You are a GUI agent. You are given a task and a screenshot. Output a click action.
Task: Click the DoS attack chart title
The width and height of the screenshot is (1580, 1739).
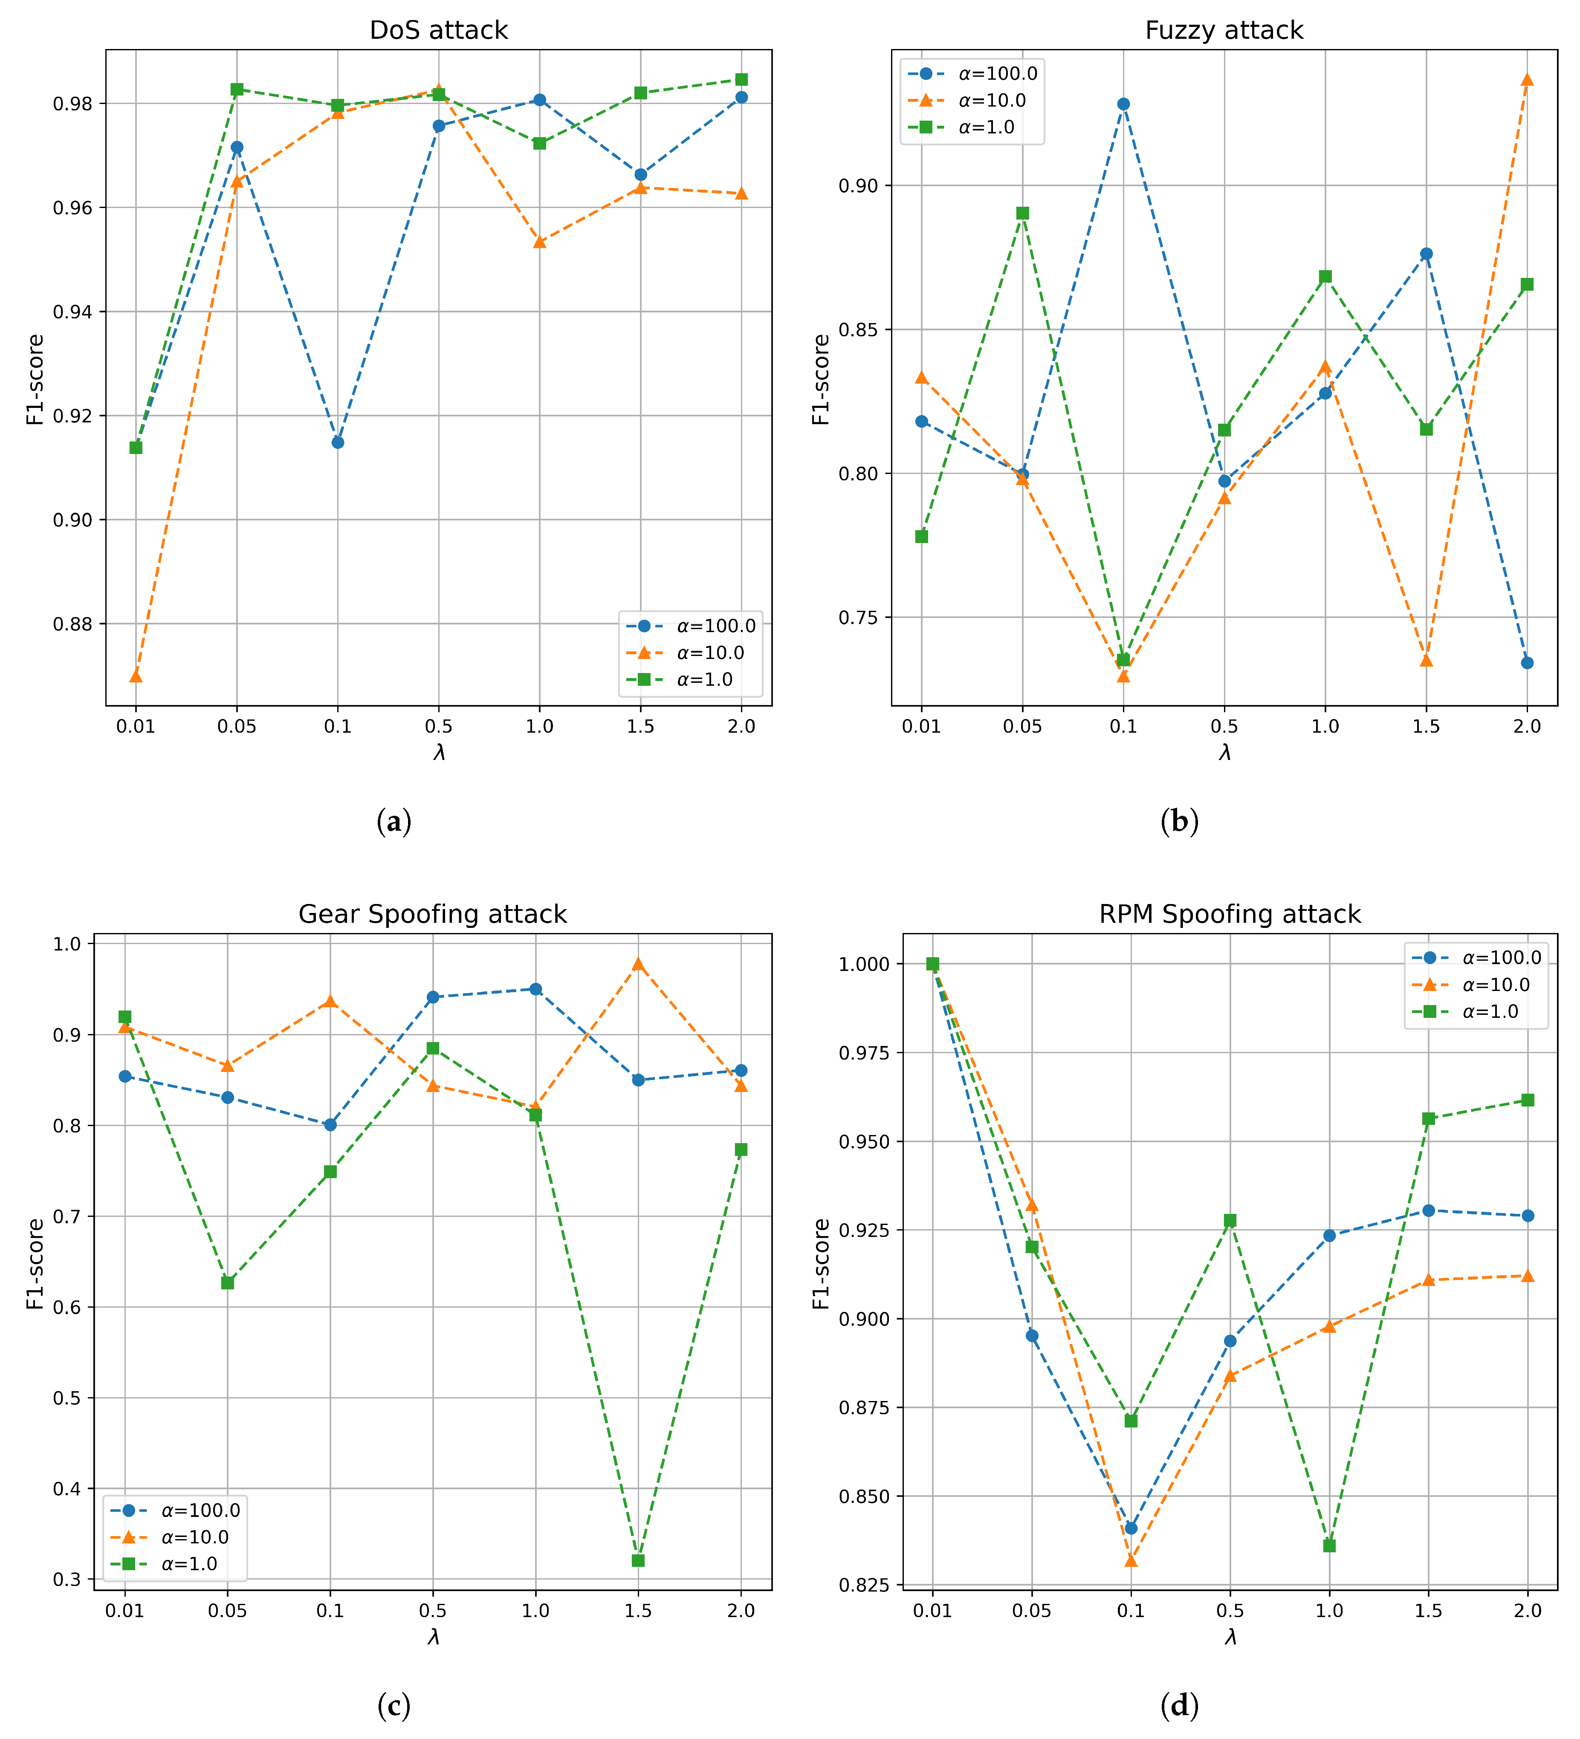[x=438, y=30]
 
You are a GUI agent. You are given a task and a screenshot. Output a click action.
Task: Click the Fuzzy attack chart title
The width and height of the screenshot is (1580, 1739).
[x=1224, y=30]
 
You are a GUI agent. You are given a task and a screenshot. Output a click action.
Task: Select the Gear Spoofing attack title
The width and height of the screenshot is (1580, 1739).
[x=432, y=914]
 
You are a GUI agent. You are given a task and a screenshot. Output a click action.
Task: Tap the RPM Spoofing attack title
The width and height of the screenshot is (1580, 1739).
[x=1230, y=914]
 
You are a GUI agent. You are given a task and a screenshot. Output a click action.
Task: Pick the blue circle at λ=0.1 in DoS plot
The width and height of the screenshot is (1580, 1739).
[x=337, y=442]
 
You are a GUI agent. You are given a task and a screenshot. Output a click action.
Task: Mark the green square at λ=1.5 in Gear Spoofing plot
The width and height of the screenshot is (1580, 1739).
[x=638, y=1560]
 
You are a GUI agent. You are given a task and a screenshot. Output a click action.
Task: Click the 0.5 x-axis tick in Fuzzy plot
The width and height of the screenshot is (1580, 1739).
[x=1224, y=726]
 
